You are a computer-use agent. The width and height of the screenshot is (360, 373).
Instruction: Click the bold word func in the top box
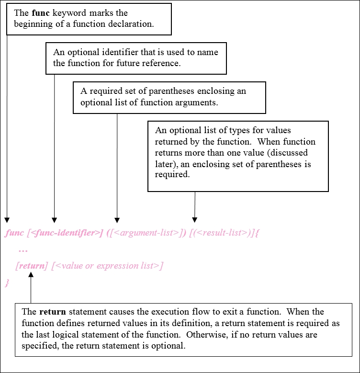pyautogui.click(x=41, y=13)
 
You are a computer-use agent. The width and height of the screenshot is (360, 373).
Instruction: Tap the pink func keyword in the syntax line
pyautogui.click(x=14, y=233)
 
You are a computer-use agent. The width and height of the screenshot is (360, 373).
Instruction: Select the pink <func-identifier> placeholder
pyautogui.click(x=65, y=233)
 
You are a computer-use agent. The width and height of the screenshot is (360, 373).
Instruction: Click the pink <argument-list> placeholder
pyautogui.click(x=146, y=233)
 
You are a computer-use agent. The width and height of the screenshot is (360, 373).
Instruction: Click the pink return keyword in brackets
pyautogui.click(x=32, y=265)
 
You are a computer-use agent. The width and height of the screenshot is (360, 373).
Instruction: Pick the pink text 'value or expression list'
pyautogui.click(x=107, y=265)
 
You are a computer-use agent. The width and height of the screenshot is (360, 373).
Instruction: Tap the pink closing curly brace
pyautogui.click(x=7, y=283)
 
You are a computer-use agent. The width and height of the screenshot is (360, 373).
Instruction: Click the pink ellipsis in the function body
pyautogui.click(x=23, y=250)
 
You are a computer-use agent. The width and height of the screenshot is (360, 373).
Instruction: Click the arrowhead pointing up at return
pyautogui.click(x=31, y=275)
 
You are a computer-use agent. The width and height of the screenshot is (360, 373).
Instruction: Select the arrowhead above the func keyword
pyautogui.click(x=7, y=220)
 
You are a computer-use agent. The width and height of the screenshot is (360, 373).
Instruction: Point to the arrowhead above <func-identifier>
pyautogui.click(x=54, y=220)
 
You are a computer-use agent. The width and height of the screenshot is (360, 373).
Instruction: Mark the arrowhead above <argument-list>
pyautogui.click(x=117, y=220)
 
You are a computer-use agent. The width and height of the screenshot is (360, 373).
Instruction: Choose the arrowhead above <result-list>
pyautogui.click(x=195, y=220)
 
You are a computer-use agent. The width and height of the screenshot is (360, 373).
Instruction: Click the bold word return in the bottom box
pyautogui.click(x=53, y=312)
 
